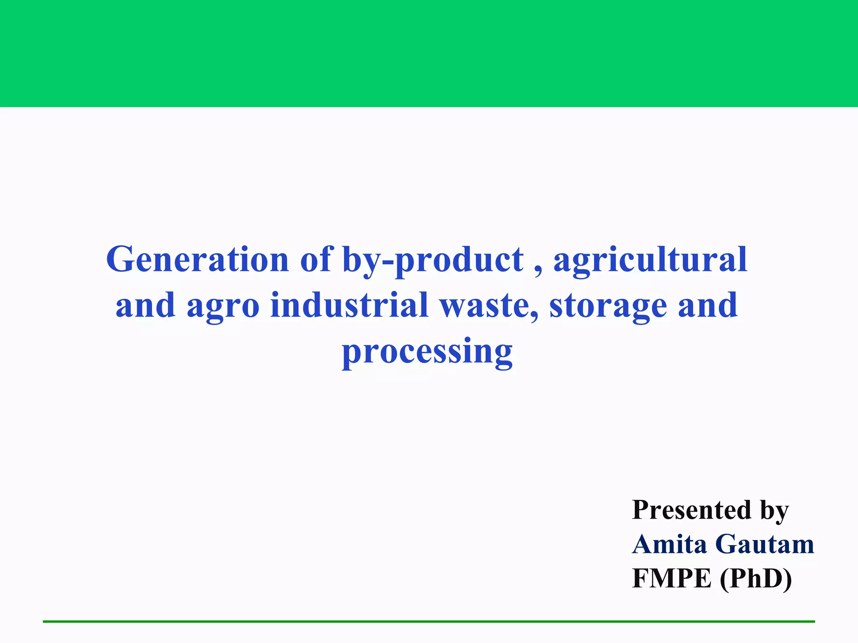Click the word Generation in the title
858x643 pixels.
pyautogui.click(x=197, y=260)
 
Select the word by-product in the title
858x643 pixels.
pyautogui.click(x=433, y=260)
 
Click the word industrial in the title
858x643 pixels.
pyautogui.click(x=349, y=305)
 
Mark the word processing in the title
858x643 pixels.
pyautogui.click(x=427, y=352)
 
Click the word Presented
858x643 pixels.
pyautogui.click(x=692, y=510)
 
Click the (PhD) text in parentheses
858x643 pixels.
pyautogui.click(x=756, y=579)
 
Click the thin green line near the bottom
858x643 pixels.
pyautogui.click(x=429, y=622)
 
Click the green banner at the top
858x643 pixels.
pyautogui.click(x=429, y=54)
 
